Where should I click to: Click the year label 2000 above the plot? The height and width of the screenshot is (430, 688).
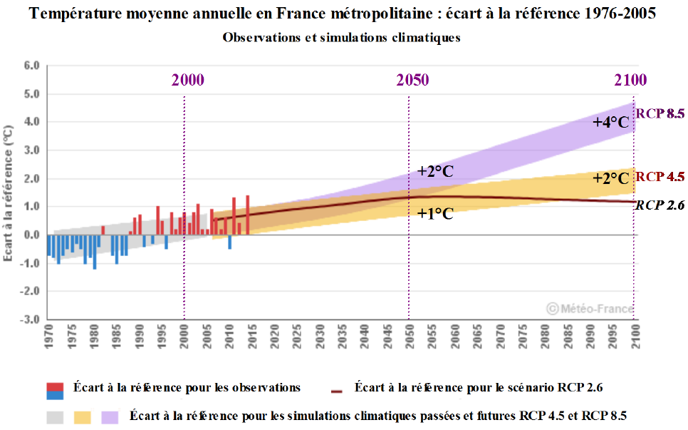point(188,79)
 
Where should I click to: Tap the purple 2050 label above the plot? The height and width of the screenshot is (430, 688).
point(412,79)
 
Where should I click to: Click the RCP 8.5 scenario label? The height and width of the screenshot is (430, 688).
point(660,113)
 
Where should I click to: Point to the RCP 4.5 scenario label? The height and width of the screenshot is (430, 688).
point(660,177)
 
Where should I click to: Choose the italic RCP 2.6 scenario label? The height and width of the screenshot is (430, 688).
point(660,205)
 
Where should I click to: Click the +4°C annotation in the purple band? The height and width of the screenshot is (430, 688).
point(611,123)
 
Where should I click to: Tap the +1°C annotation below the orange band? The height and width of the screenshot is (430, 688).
point(436,213)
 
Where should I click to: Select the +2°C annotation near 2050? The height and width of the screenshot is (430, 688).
point(436,171)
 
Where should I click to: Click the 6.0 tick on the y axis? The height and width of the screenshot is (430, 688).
point(32,66)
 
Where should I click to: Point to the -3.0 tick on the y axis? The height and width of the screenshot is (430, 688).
point(31,319)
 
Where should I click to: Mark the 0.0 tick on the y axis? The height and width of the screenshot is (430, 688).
point(32,235)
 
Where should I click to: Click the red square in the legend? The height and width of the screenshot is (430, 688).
point(55,388)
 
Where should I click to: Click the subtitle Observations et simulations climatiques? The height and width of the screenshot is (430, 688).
point(341,38)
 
